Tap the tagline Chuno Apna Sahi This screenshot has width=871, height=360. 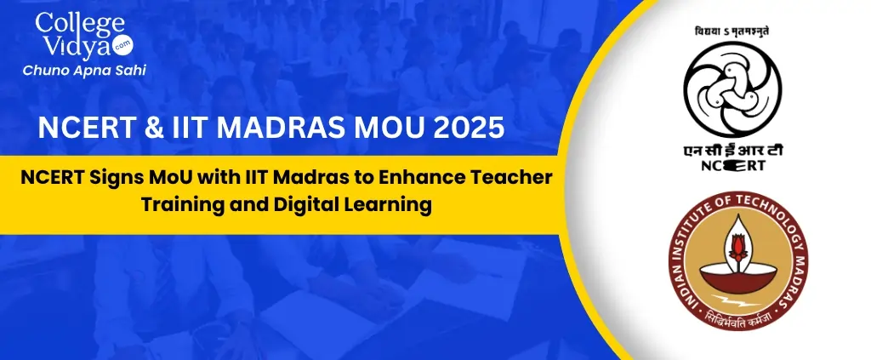click(84, 71)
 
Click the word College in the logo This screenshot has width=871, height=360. click(80, 23)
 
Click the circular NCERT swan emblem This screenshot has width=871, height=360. click(732, 89)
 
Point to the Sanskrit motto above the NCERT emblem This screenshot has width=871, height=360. click(732, 31)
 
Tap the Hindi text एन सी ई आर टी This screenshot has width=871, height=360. click(732, 150)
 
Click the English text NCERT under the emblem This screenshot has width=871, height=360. click(732, 165)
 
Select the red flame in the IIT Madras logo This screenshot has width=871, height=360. click(737, 247)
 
